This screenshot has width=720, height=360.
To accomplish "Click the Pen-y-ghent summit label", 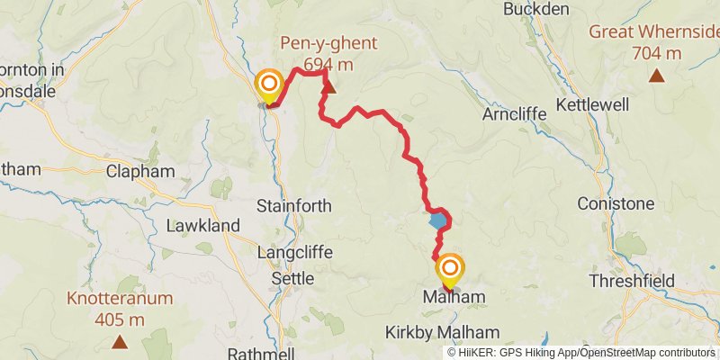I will pos(328,43).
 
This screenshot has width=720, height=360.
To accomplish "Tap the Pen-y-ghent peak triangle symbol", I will pos(329,87).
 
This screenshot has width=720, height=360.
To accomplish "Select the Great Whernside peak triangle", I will pos(657,76).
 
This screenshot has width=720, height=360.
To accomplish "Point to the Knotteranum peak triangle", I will pos(119,341).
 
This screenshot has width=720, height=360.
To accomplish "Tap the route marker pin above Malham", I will pos(449,269).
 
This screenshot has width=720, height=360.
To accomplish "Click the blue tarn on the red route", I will pos(438,220).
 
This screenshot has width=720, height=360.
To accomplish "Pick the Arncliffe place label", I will pos(512,115).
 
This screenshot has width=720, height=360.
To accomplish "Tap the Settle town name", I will pos(292,279).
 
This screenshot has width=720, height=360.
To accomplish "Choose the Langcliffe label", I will pos(293,255).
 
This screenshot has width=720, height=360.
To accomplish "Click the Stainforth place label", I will pos(294,206).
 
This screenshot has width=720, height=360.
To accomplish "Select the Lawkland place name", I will pos(202,225).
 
